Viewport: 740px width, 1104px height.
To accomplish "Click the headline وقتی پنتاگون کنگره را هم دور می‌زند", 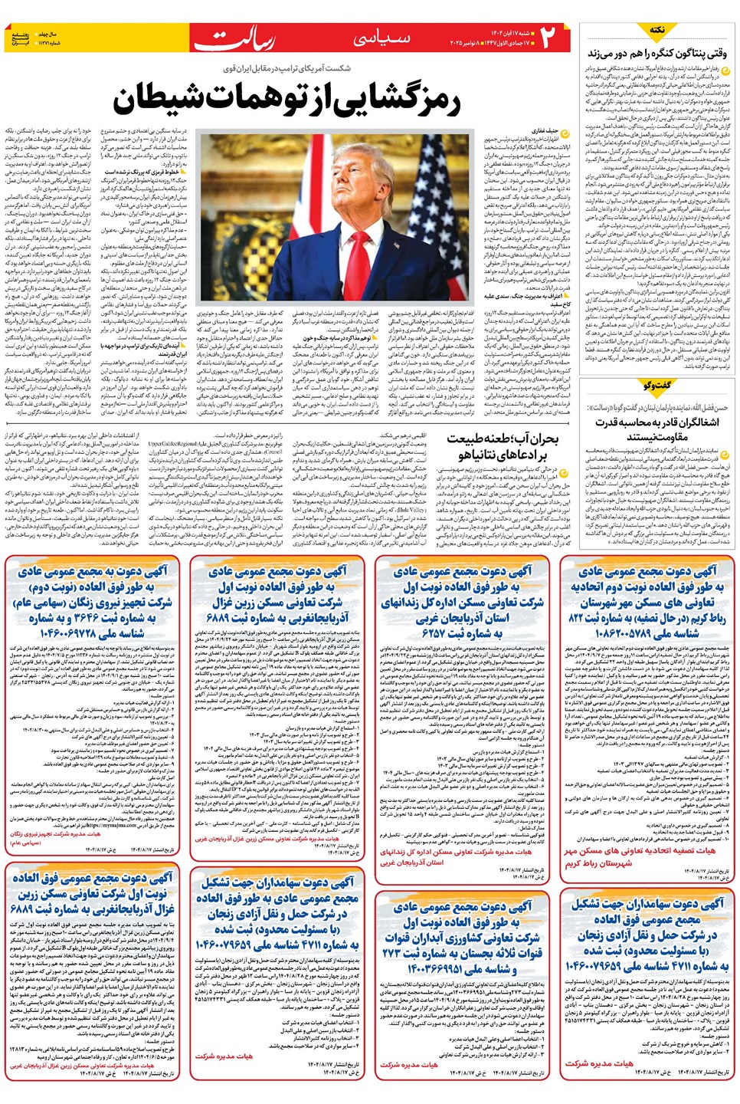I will (657, 53).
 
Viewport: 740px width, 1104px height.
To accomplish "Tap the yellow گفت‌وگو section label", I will (657, 385).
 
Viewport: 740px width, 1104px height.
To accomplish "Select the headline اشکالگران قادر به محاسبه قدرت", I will (657, 422).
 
